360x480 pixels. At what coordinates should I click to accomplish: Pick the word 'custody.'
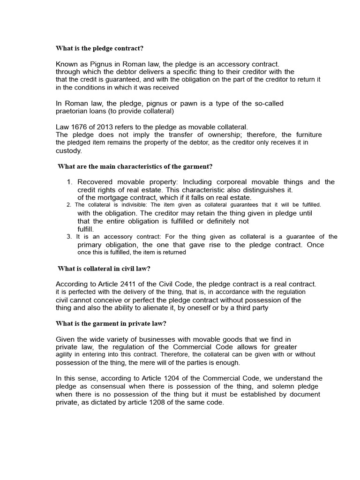click(x=69, y=150)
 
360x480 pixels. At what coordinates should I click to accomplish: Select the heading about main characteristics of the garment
click(x=135, y=166)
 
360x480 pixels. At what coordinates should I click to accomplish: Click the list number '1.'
click(x=69, y=182)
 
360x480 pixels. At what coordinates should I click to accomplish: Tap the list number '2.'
click(x=69, y=205)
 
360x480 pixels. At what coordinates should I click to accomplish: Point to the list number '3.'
click(x=69, y=237)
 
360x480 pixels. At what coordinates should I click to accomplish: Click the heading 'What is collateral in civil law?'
click(x=104, y=268)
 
